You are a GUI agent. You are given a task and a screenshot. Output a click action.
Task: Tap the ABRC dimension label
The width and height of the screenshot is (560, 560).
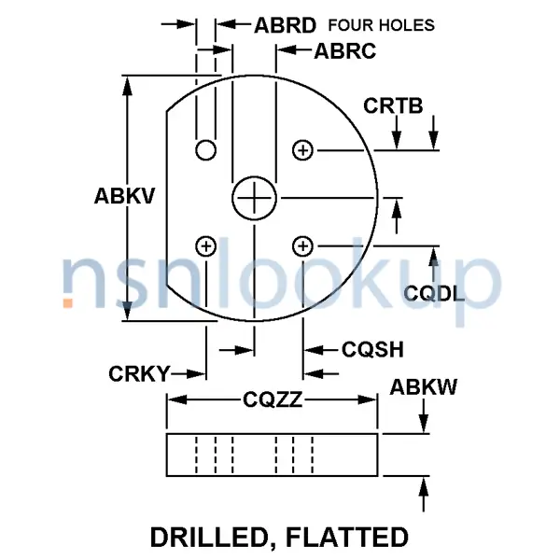point(344,51)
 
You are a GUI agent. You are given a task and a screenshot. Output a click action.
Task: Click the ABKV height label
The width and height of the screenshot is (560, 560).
point(123,197)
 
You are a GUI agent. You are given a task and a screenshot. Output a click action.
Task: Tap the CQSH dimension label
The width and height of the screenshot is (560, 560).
point(372,350)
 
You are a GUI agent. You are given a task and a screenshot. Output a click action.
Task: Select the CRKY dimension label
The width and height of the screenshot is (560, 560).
point(139,374)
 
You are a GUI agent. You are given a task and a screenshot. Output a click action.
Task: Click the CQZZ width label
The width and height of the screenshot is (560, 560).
point(272,401)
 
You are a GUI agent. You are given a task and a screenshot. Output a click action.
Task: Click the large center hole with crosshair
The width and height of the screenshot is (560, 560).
point(254,198)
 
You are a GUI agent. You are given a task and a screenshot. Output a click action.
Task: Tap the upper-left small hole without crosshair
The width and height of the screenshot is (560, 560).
point(205,150)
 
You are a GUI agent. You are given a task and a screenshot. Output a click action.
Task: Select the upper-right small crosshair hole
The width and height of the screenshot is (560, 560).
point(302,149)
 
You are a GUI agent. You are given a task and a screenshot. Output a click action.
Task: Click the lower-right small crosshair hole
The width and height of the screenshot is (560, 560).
point(302,246)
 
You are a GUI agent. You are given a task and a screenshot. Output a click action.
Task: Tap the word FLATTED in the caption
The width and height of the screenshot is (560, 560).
point(351,538)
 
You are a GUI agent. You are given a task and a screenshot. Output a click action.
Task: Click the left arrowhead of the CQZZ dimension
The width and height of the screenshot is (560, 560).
point(174,401)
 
